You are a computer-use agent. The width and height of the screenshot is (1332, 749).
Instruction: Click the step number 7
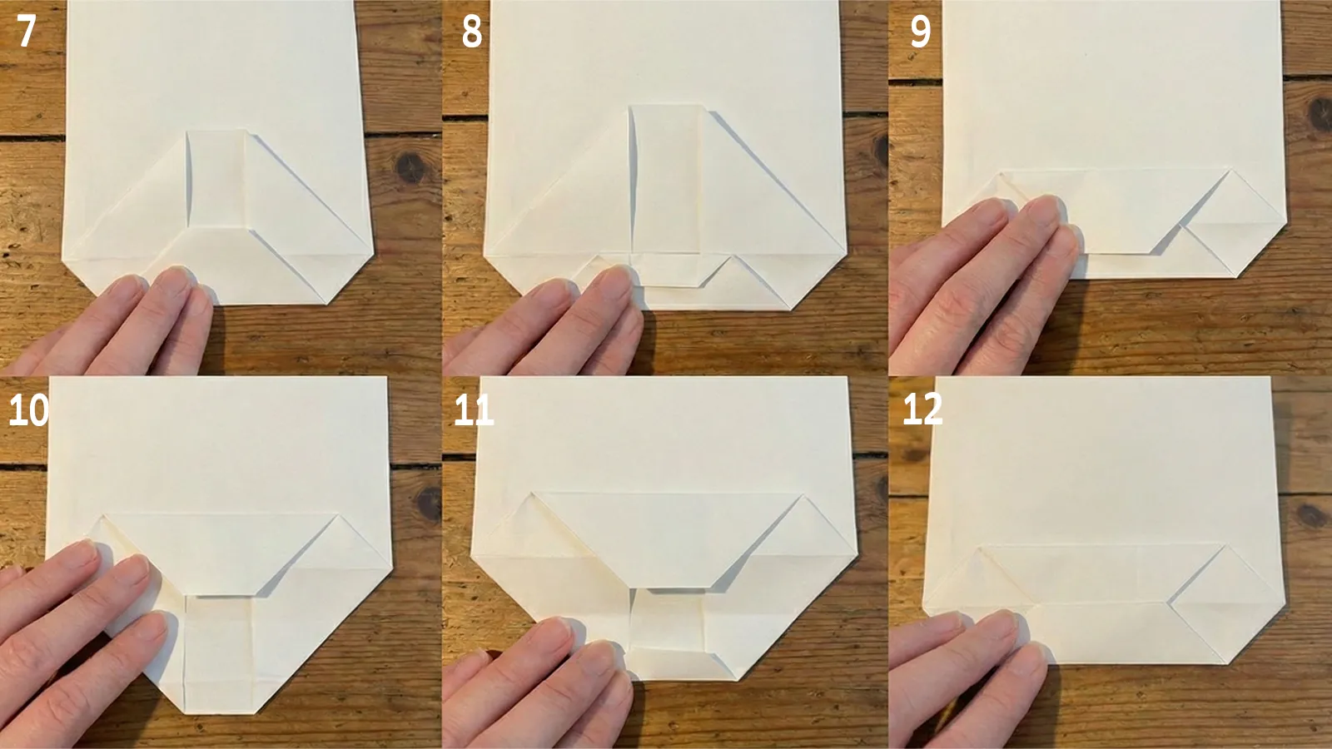click(27, 32)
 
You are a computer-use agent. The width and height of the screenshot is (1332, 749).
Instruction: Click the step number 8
click(471, 32)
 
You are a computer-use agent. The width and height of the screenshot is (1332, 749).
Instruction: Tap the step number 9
click(920, 32)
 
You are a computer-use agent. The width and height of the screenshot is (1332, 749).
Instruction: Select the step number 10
click(28, 409)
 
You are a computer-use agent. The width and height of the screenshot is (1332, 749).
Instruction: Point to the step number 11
click(474, 409)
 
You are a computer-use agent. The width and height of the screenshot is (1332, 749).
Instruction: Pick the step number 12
click(922, 409)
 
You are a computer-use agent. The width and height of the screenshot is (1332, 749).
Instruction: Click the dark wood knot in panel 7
click(410, 168)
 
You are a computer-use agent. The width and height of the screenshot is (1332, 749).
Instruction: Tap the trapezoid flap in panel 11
click(666, 537)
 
